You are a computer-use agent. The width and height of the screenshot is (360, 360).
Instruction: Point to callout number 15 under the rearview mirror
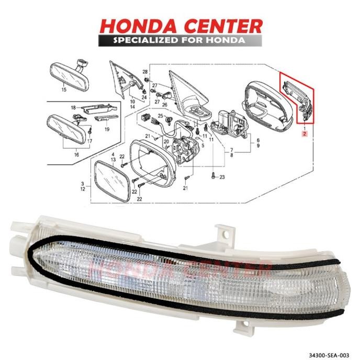point(64,91)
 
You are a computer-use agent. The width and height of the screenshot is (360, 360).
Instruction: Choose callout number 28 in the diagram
point(146,71)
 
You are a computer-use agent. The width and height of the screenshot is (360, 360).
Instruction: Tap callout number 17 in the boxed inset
point(89,140)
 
